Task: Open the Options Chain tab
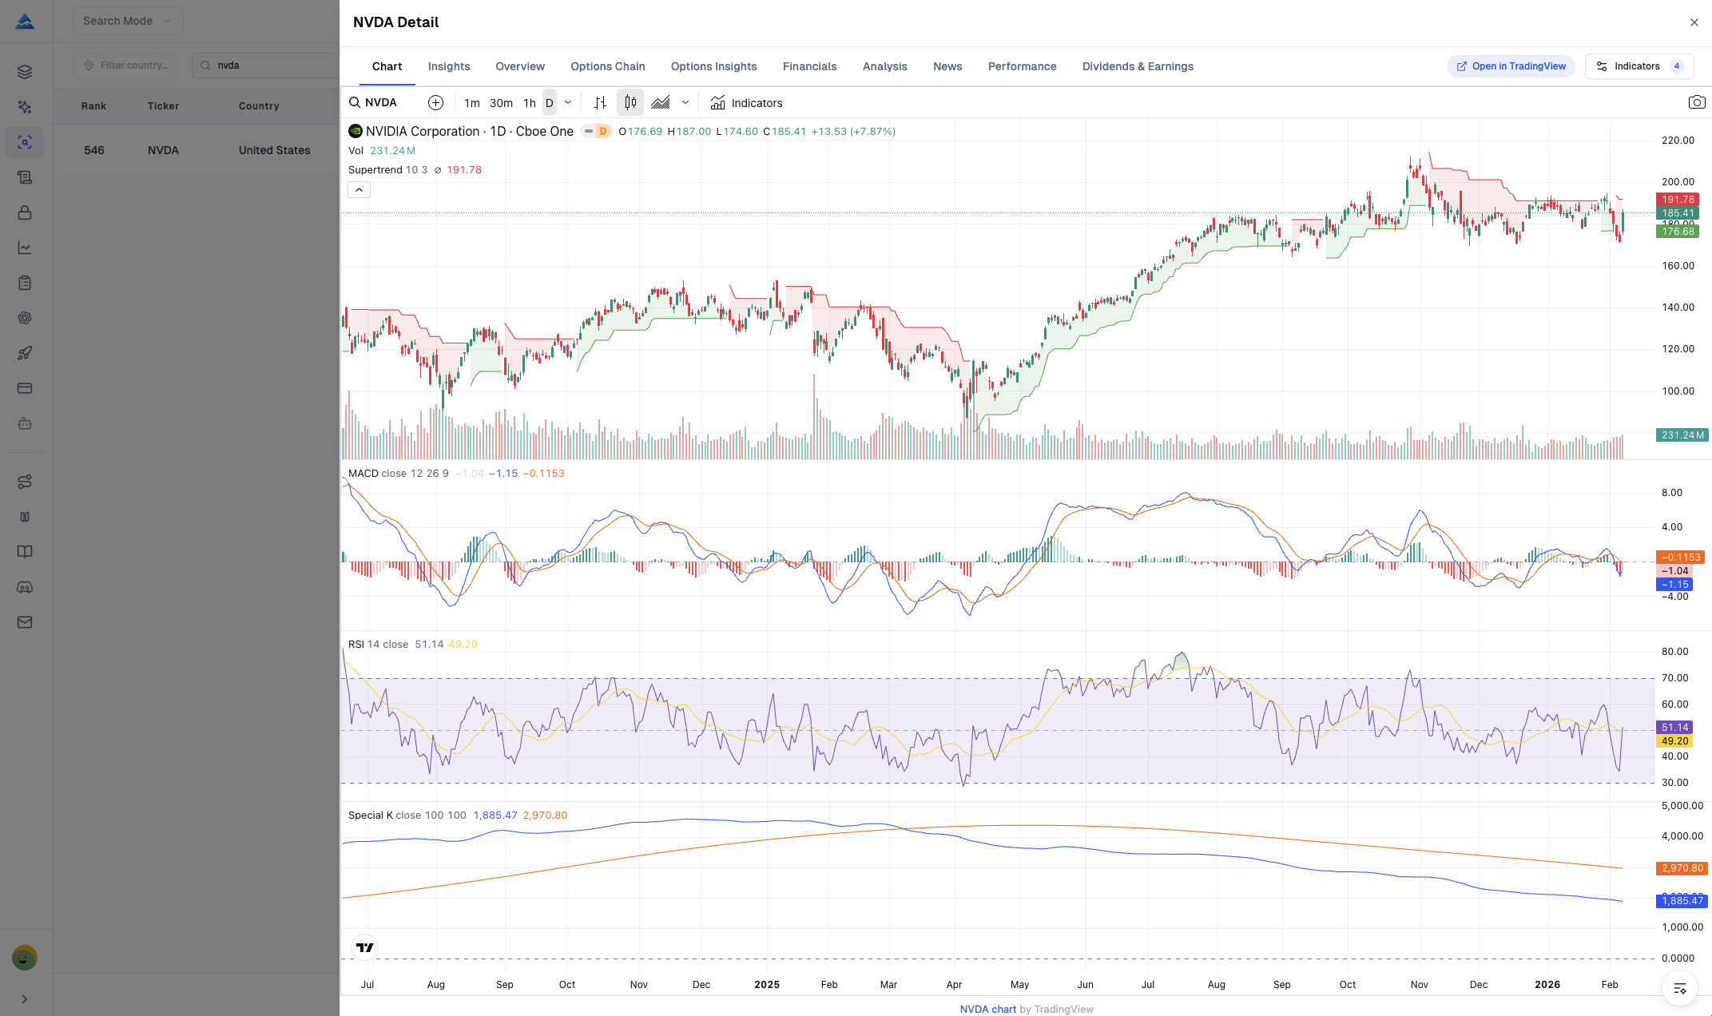pyautogui.click(x=607, y=66)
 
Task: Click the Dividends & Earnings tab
pyautogui.click(x=1137, y=66)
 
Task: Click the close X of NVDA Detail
pyautogui.click(x=1694, y=22)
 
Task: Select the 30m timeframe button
pyautogui.click(x=501, y=103)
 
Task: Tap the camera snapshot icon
pyautogui.click(x=1696, y=102)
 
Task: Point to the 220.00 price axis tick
pyautogui.click(x=1677, y=141)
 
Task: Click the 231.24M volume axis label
pyautogui.click(x=1682, y=435)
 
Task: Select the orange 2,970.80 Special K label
pyautogui.click(x=1682, y=868)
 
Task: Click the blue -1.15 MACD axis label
pyautogui.click(x=1674, y=585)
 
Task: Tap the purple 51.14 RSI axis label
pyautogui.click(x=1674, y=728)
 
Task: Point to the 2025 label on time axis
pyautogui.click(x=766, y=985)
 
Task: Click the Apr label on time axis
pyautogui.click(x=954, y=985)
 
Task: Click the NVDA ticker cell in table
pyautogui.click(x=163, y=150)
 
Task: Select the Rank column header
pyautogui.click(x=93, y=106)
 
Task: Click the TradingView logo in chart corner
pyautogui.click(x=365, y=948)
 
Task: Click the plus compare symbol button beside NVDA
pyautogui.click(x=435, y=103)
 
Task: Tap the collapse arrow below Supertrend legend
pyautogui.click(x=359, y=190)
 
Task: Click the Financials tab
pyautogui.click(x=809, y=66)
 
